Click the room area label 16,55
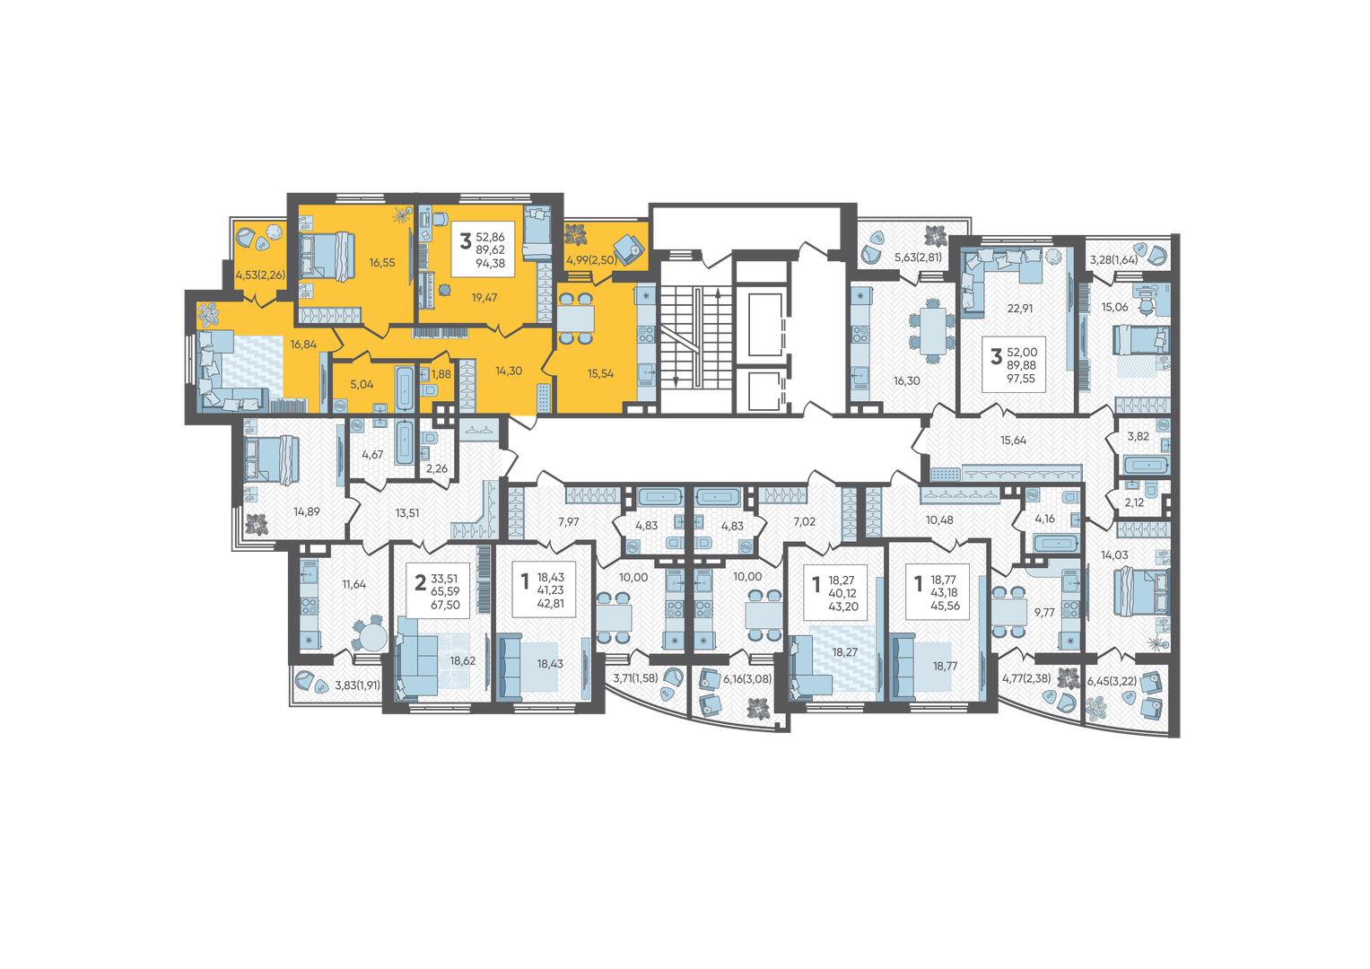[x=382, y=262]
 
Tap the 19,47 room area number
[x=484, y=298]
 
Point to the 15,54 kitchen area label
[x=600, y=374]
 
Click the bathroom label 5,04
[x=362, y=385]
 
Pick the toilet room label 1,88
[x=441, y=374]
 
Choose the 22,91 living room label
[x=1020, y=309]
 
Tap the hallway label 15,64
[x=1014, y=440]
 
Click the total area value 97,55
[x=1021, y=379]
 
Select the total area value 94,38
[x=491, y=264]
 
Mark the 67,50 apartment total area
[x=446, y=605]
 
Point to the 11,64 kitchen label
[x=354, y=584]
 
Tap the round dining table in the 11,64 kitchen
[x=371, y=636]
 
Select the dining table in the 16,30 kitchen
[x=931, y=330]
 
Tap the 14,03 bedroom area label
[x=1114, y=554]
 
